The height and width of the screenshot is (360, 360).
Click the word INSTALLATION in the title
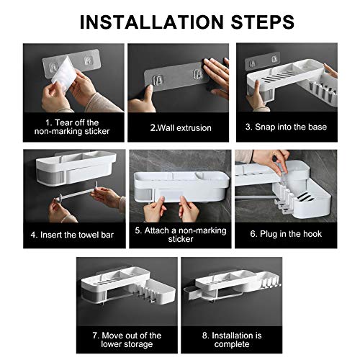pos(152,22)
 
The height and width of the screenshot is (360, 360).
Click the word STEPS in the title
pos(263,22)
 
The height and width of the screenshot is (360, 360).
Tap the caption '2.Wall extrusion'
pos(181,127)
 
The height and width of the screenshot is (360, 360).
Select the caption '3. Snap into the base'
pos(286,127)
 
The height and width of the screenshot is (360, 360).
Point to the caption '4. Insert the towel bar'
pos(72,235)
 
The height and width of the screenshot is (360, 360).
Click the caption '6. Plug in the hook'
pos(286,234)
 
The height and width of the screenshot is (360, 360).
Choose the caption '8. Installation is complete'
pos(232,340)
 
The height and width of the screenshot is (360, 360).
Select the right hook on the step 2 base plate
pos(198,73)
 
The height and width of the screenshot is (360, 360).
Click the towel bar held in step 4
pos(74,193)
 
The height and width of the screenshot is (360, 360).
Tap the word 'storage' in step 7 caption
pos(138,344)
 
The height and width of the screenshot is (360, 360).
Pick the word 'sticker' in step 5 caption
pos(181,239)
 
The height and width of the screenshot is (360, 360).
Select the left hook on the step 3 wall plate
pos(252,63)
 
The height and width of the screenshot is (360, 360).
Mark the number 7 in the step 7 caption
pos(95,336)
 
